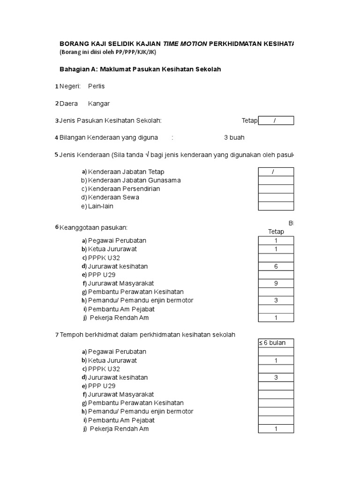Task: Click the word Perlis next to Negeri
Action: point(97,86)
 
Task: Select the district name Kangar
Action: point(98,104)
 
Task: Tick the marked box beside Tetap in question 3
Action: point(276,121)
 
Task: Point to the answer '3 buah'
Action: point(234,138)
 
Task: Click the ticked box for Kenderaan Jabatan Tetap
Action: point(276,172)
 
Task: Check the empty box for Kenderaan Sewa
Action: point(276,197)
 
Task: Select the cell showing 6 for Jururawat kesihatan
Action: point(276,266)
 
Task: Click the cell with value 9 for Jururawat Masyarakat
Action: point(276,283)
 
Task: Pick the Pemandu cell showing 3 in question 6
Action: point(276,300)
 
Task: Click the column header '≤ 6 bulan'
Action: point(276,343)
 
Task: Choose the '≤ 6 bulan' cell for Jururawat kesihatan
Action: point(276,377)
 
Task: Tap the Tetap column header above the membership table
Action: point(276,232)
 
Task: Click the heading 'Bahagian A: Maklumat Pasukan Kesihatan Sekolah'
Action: point(140,69)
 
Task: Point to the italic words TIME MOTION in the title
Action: point(185,44)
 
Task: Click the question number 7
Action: point(57,335)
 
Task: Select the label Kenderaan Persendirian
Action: point(124,189)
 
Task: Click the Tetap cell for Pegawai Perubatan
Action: point(276,240)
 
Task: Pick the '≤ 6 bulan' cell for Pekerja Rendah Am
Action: point(276,429)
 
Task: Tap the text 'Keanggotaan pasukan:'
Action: point(93,228)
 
